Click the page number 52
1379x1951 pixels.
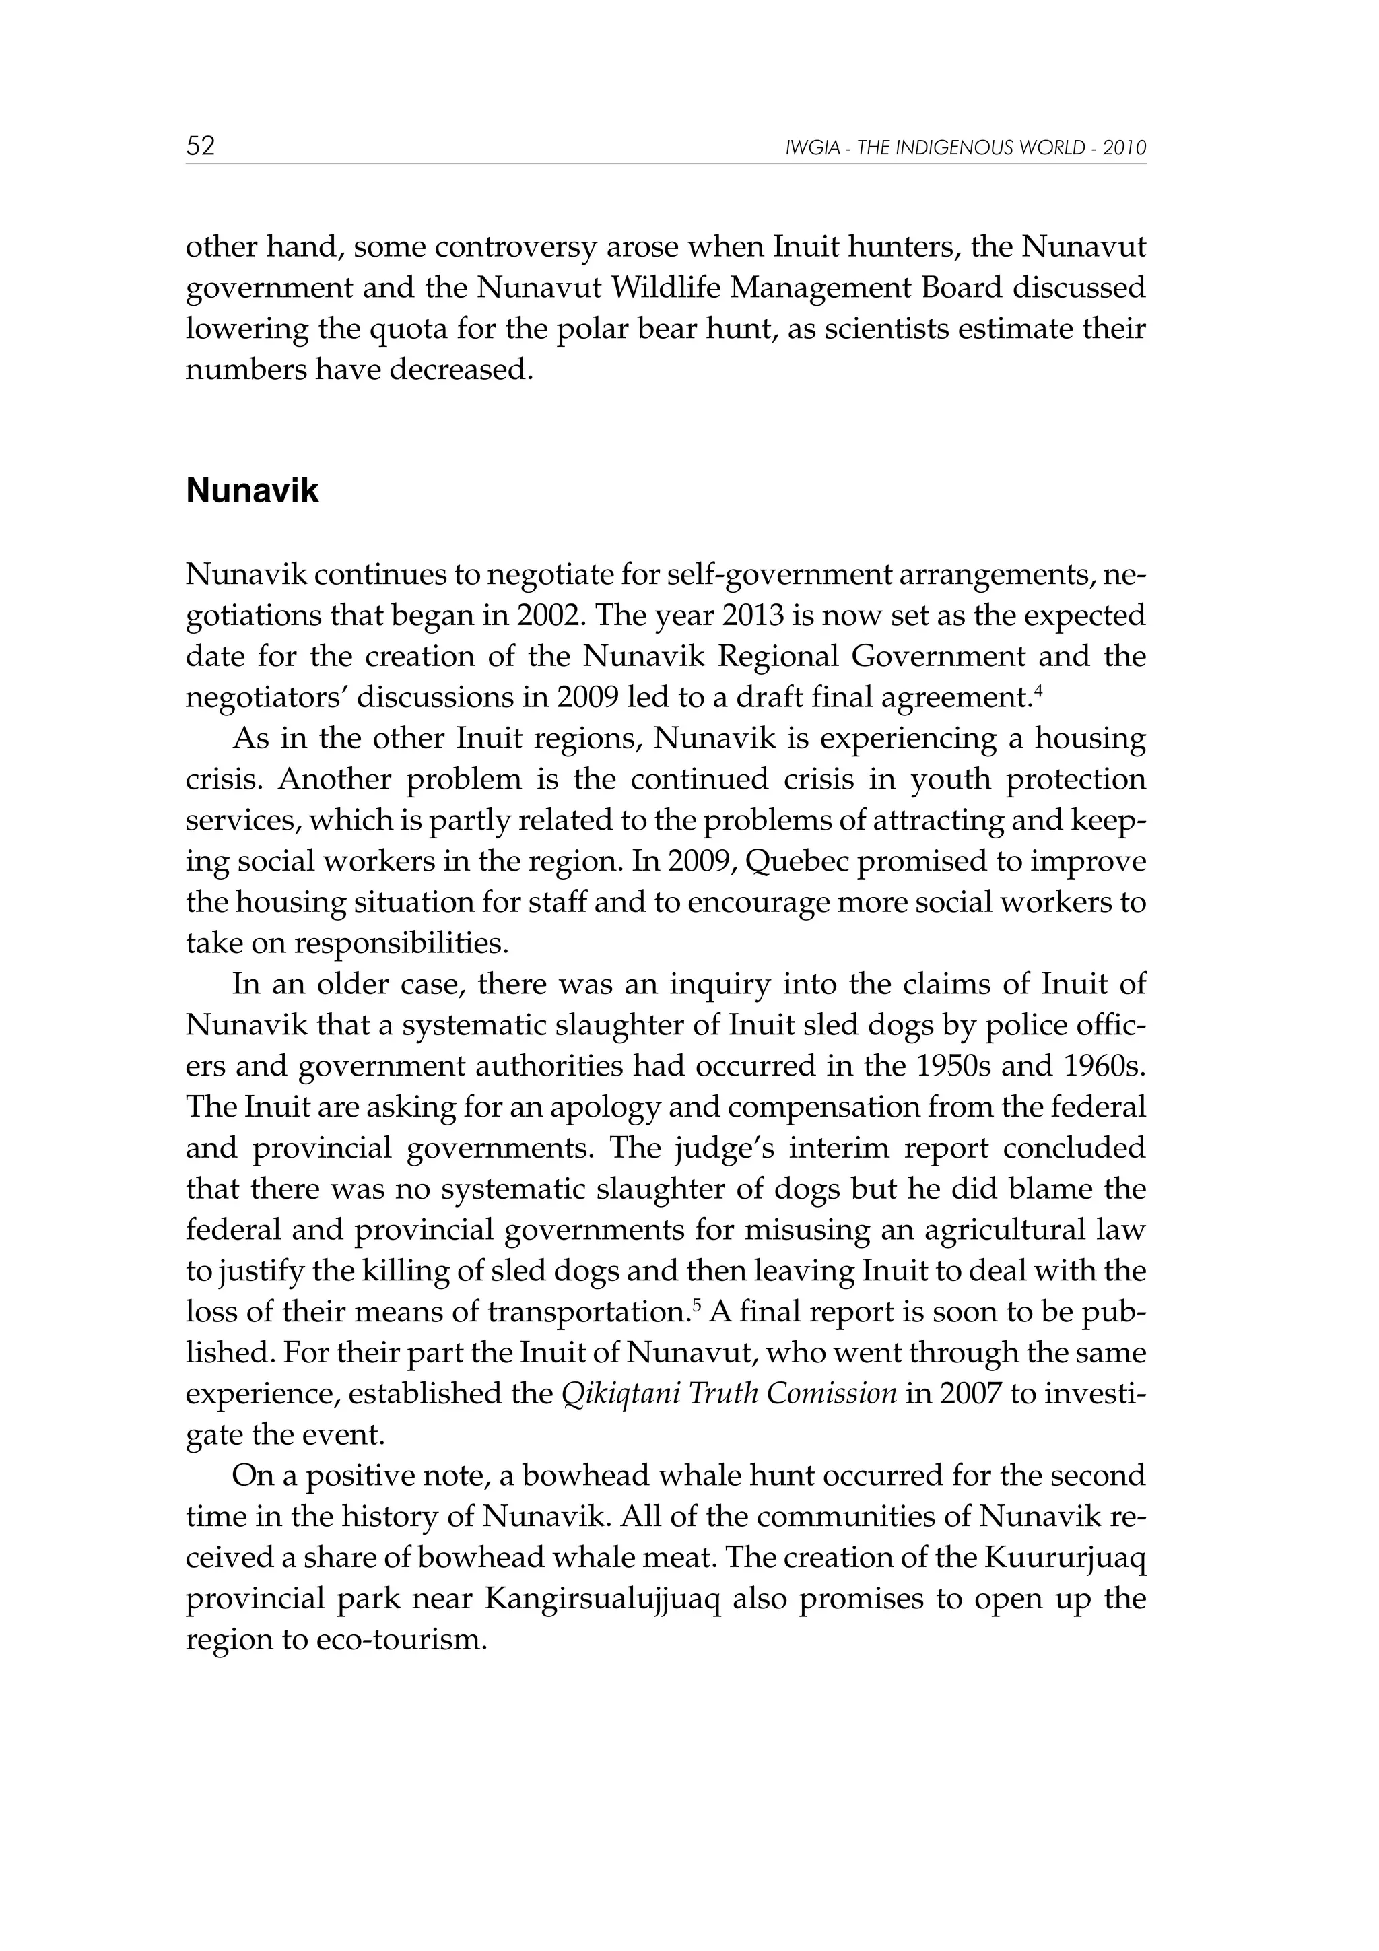201,146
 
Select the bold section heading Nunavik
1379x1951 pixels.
253,491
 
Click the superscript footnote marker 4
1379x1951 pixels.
1038,688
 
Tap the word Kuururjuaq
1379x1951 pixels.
1065,1558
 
